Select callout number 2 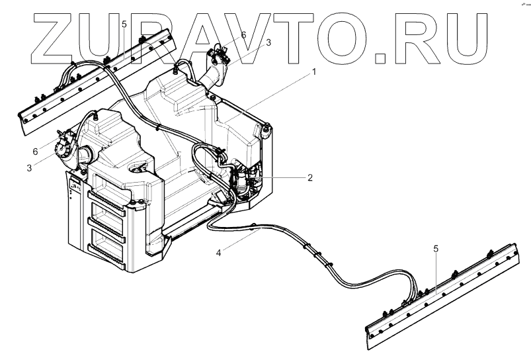tap(310, 177)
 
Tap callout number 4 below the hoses tap(218, 251)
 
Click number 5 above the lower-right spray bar tap(435, 249)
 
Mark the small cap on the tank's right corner tap(266, 127)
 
